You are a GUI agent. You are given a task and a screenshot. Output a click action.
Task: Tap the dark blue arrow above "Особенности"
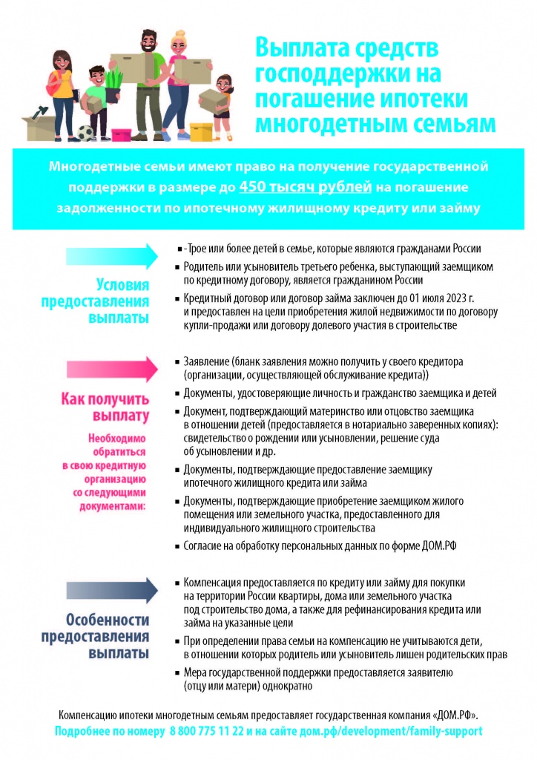pyautogui.click(x=111, y=590)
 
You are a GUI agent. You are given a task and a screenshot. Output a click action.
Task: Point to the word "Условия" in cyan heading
pyautogui.click(x=123, y=286)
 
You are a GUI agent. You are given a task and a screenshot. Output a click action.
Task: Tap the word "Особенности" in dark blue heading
pyautogui.click(x=108, y=620)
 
